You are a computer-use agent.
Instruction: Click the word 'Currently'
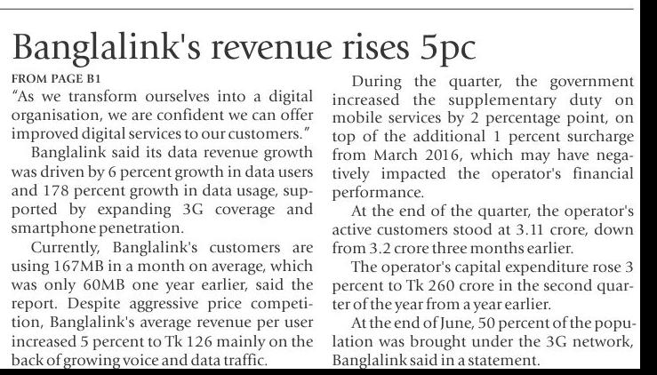pos(63,250)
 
